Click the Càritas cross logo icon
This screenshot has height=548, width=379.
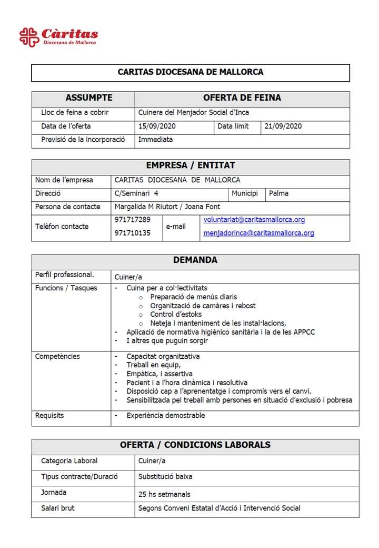pyautogui.click(x=29, y=37)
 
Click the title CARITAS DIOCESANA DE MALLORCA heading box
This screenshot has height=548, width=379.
pyautogui.click(x=190, y=72)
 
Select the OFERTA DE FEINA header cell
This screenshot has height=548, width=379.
pyautogui.click(x=242, y=98)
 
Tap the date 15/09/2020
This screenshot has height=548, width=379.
pyautogui.click(x=155, y=126)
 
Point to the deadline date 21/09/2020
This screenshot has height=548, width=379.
pyautogui.click(x=283, y=126)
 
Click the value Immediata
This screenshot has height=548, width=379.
pyautogui.click(x=155, y=140)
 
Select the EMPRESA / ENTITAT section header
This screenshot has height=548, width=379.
pyautogui.click(x=190, y=165)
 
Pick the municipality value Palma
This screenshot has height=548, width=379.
pyautogui.click(x=278, y=193)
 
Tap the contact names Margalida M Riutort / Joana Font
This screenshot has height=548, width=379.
pyautogui.click(x=167, y=207)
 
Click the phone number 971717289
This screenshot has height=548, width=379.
pyautogui.click(x=132, y=219)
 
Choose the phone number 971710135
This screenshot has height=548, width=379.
pyautogui.click(x=132, y=232)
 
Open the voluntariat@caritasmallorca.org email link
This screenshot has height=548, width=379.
pyautogui.click(x=254, y=220)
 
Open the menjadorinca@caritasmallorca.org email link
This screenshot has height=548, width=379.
pyautogui.click(x=258, y=233)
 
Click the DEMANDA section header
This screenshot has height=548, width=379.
pyautogui.click(x=195, y=260)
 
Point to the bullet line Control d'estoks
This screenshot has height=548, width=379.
pyautogui.click(x=176, y=314)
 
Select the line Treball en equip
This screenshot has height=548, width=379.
pyautogui.click(x=154, y=365)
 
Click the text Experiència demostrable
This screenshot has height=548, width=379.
pyautogui.click(x=165, y=416)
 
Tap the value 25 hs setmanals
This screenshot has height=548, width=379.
pyautogui.click(x=164, y=494)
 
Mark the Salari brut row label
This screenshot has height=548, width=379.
pyautogui.click(x=58, y=508)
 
